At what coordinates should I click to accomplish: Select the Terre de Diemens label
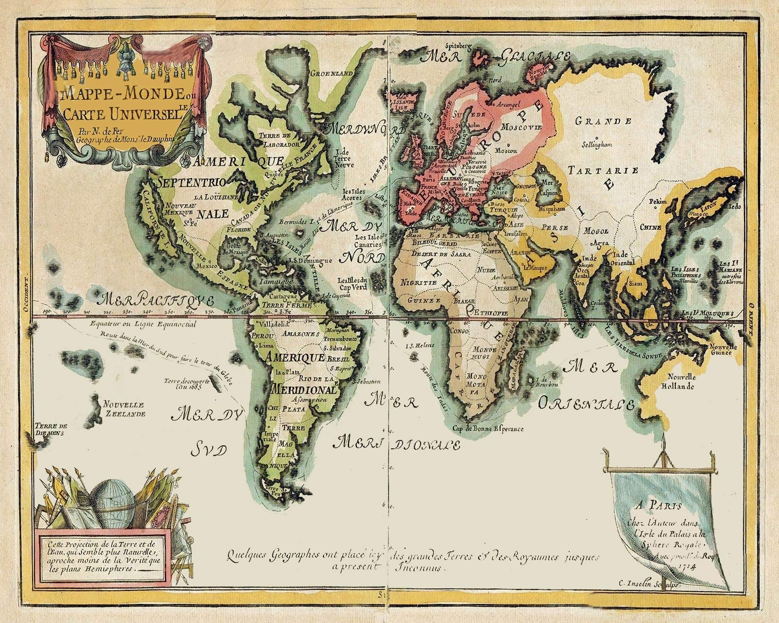pyautogui.click(x=50, y=428)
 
